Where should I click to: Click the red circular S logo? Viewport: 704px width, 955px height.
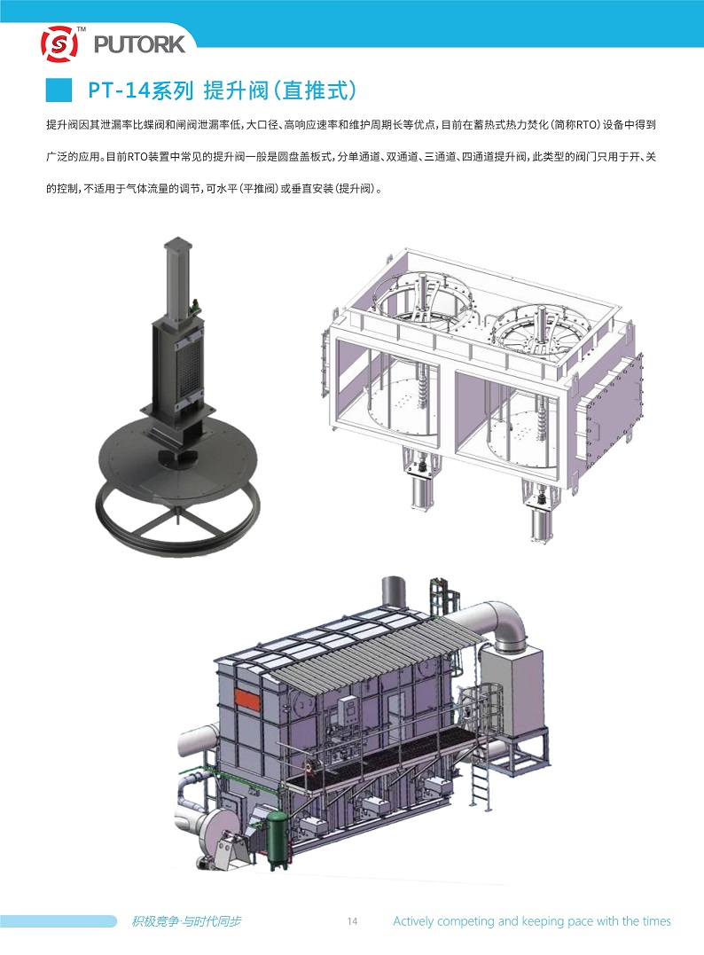tap(59, 43)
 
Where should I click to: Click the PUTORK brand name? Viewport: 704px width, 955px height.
tap(139, 44)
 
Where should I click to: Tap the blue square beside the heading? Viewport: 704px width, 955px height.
tap(59, 90)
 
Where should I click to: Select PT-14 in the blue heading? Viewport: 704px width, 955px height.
tap(119, 90)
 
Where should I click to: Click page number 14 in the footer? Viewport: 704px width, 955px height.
tap(352, 921)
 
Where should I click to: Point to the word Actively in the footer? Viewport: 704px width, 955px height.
tap(413, 921)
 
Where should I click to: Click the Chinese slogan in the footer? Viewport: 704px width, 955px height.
tap(186, 921)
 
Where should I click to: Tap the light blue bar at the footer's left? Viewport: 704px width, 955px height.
tap(58, 921)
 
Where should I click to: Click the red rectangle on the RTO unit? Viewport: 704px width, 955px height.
tap(247, 701)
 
